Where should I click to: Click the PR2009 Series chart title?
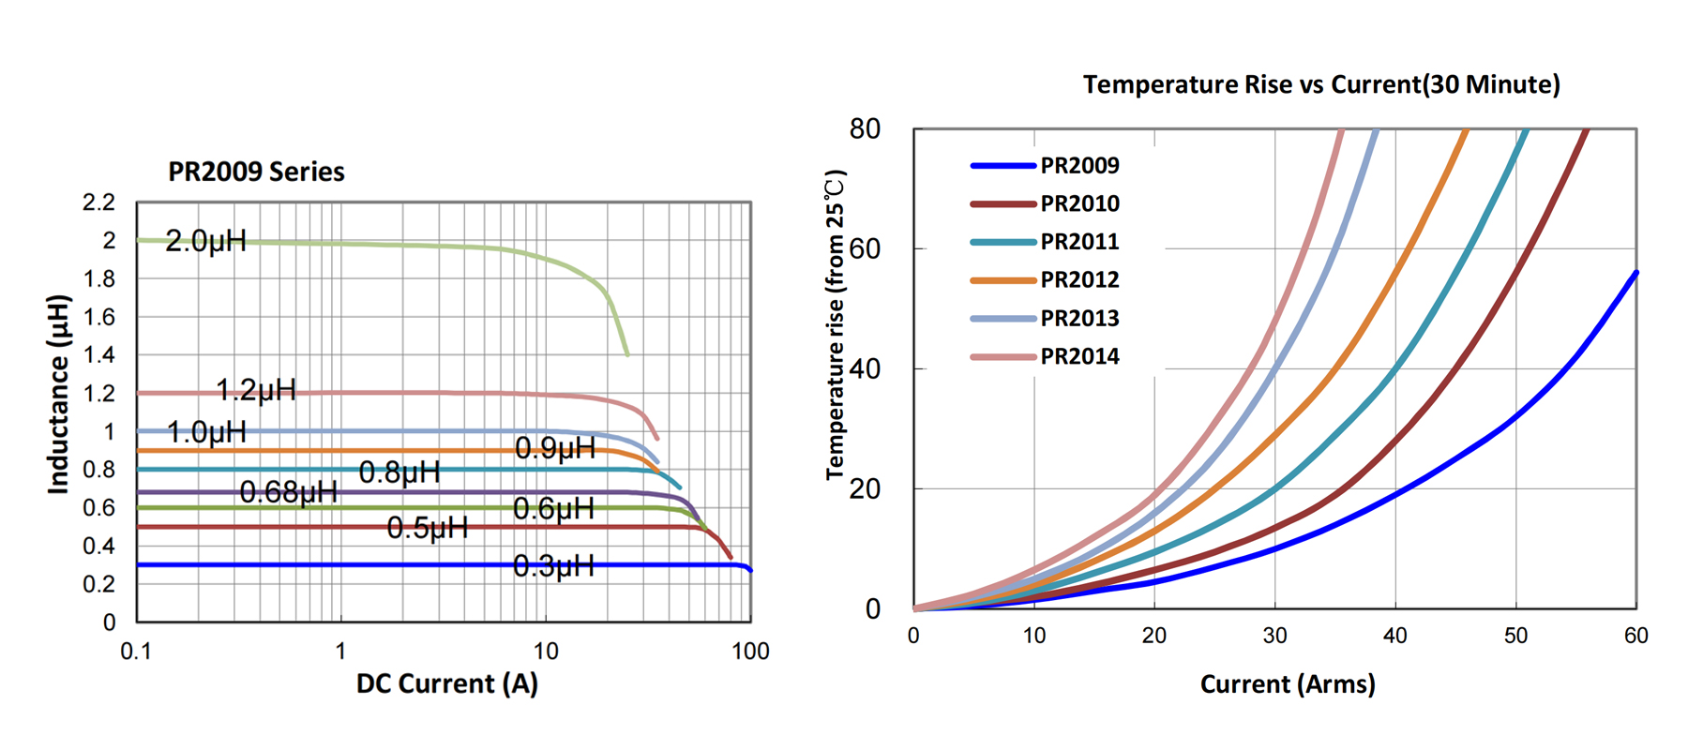coord(256,172)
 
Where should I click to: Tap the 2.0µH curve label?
coord(205,242)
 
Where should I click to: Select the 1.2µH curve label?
coord(256,390)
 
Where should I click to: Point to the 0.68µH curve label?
coord(288,491)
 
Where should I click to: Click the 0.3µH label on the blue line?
coord(553,566)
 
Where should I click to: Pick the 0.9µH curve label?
coord(555,449)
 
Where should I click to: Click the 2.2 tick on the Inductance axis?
coord(98,202)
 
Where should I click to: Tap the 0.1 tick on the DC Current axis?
coord(136,652)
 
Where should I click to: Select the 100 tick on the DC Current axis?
coord(750,652)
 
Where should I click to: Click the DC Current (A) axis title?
coord(447,684)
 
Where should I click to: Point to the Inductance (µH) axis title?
coord(59,394)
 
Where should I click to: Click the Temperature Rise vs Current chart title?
coord(1321,85)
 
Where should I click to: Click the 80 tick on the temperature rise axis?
coord(865,129)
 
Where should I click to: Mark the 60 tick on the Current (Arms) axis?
coord(1635,637)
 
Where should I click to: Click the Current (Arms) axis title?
coord(1288,684)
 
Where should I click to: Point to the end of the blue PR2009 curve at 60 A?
coord(1635,273)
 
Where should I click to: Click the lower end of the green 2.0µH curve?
coord(627,354)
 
